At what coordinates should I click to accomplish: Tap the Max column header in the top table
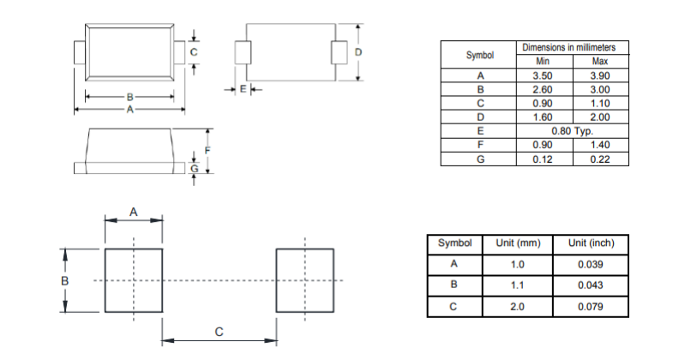click(x=599, y=62)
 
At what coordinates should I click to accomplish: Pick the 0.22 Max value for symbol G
click(x=599, y=159)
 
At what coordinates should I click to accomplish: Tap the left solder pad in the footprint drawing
click(x=134, y=280)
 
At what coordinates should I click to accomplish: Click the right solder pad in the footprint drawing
click(x=304, y=280)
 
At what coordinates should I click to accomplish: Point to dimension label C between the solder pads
click(x=219, y=332)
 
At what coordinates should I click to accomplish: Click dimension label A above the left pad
click(x=134, y=211)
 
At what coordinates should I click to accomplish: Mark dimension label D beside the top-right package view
click(x=358, y=52)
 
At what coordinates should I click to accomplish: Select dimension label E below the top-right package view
click(x=243, y=88)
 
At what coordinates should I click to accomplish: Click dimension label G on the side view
click(x=195, y=169)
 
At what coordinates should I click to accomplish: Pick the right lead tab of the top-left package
click(x=181, y=51)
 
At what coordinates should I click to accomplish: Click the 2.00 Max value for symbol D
click(x=599, y=117)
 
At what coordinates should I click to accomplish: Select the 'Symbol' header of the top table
click(x=480, y=55)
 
